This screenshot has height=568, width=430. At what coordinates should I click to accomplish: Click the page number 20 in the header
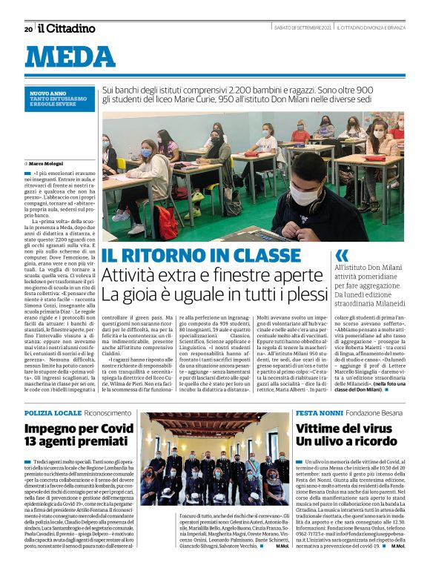27,29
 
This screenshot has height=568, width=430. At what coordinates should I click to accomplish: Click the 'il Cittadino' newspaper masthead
67,28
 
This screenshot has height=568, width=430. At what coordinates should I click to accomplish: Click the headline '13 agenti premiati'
68,443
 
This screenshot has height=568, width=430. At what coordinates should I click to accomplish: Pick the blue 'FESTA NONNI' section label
318,412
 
